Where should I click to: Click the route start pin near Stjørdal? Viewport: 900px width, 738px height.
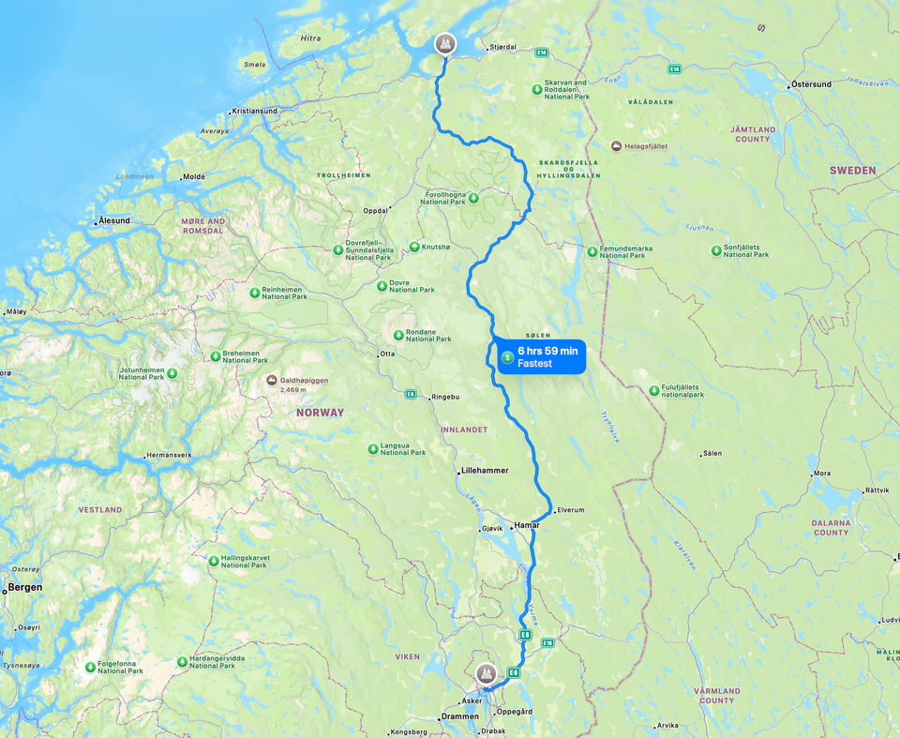pyautogui.click(x=445, y=43)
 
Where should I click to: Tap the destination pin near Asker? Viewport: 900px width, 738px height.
pyautogui.click(x=486, y=672)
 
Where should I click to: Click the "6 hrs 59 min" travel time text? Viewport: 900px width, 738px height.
pyautogui.click(x=547, y=351)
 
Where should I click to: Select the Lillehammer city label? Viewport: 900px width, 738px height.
pyautogui.click(x=485, y=471)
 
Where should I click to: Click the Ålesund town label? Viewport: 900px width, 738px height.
pyautogui.click(x=114, y=221)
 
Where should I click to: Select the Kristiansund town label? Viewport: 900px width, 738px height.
pyautogui.click(x=254, y=111)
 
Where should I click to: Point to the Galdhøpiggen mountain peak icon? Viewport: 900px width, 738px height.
pyautogui.click(x=272, y=381)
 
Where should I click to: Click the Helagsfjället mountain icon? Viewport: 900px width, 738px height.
pyautogui.click(x=616, y=146)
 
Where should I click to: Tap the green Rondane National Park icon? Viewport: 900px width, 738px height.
pyautogui.click(x=398, y=335)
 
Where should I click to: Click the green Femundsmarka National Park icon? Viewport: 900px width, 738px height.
pyautogui.click(x=592, y=251)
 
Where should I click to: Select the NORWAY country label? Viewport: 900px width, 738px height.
pyautogui.click(x=320, y=413)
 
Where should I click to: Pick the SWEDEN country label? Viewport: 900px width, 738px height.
pyautogui.click(x=852, y=171)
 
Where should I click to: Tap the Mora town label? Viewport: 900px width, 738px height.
pyautogui.click(x=822, y=474)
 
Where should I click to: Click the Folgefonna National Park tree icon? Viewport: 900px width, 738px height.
pyautogui.click(x=91, y=667)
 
